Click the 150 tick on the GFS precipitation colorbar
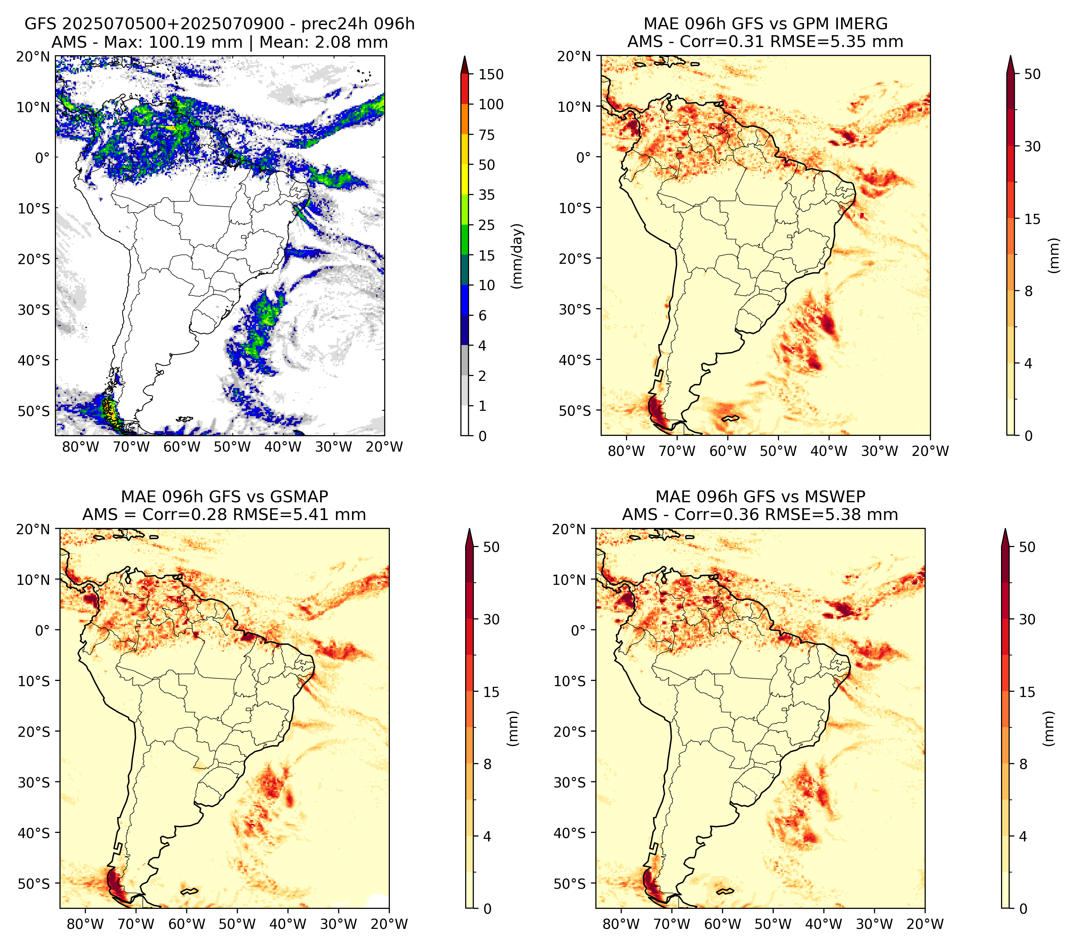tap(490, 74)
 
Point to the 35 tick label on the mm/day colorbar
tap(486, 195)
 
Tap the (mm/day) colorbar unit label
tap(518, 256)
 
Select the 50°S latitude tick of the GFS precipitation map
tap(34, 411)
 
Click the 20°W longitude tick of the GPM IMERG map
tap(930, 451)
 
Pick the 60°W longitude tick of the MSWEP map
tap(722, 924)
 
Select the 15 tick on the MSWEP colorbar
tap(1027, 692)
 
